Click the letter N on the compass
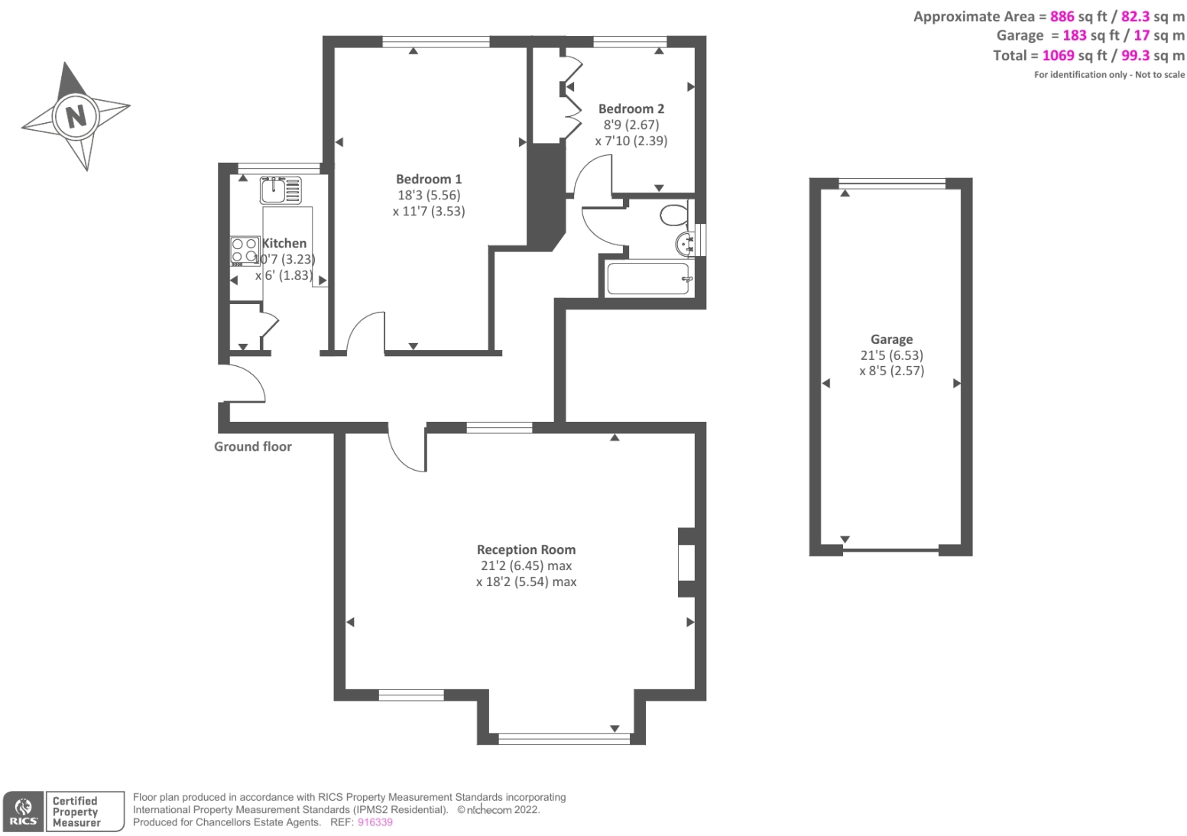tap(76, 116)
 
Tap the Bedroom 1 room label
tap(428, 179)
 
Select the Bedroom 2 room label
tap(631, 109)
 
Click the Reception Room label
tap(526, 549)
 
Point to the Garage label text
tap(891, 339)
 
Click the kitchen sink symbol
tap(281, 190)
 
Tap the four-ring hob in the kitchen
tap(245, 250)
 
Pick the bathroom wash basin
tap(686, 243)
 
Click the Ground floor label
tap(252, 446)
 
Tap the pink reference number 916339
tap(375, 822)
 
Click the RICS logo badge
tap(24, 812)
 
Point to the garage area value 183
tap(1074, 35)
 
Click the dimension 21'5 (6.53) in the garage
tap(891, 355)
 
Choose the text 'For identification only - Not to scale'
tap(1109, 75)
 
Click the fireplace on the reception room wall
tap(686, 562)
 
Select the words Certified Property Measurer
tap(76, 812)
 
